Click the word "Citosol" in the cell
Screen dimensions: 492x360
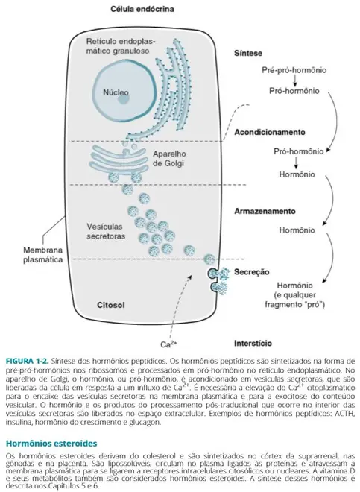(111, 305)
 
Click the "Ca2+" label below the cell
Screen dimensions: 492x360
(168, 345)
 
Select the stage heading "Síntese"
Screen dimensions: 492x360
(248, 54)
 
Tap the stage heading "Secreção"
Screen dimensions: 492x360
(251, 272)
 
